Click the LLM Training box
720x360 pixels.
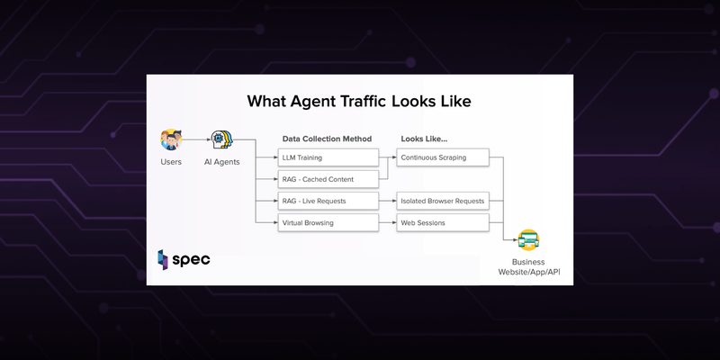[328, 157]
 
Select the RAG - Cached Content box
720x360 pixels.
[328, 179]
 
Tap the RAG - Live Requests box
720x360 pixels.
[328, 201]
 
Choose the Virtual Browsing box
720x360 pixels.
[328, 222]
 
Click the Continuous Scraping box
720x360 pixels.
[443, 157]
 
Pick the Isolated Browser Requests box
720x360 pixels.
[443, 201]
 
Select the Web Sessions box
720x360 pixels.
[443, 222]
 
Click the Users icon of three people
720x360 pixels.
[171, 139]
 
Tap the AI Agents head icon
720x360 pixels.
[222, 139]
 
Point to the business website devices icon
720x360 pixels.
[528, 240]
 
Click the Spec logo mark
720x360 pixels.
[163, 260]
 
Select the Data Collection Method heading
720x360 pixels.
[327, 139]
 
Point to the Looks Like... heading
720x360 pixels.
[424, 139]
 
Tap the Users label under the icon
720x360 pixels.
[171, 162]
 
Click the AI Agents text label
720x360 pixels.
[221, 162]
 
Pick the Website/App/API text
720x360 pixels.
[529, 272]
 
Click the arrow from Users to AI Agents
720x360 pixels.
[196, 139]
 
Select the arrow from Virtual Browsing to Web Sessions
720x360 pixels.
[388, 222]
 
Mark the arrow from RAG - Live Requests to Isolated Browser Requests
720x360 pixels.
[388, 201]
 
